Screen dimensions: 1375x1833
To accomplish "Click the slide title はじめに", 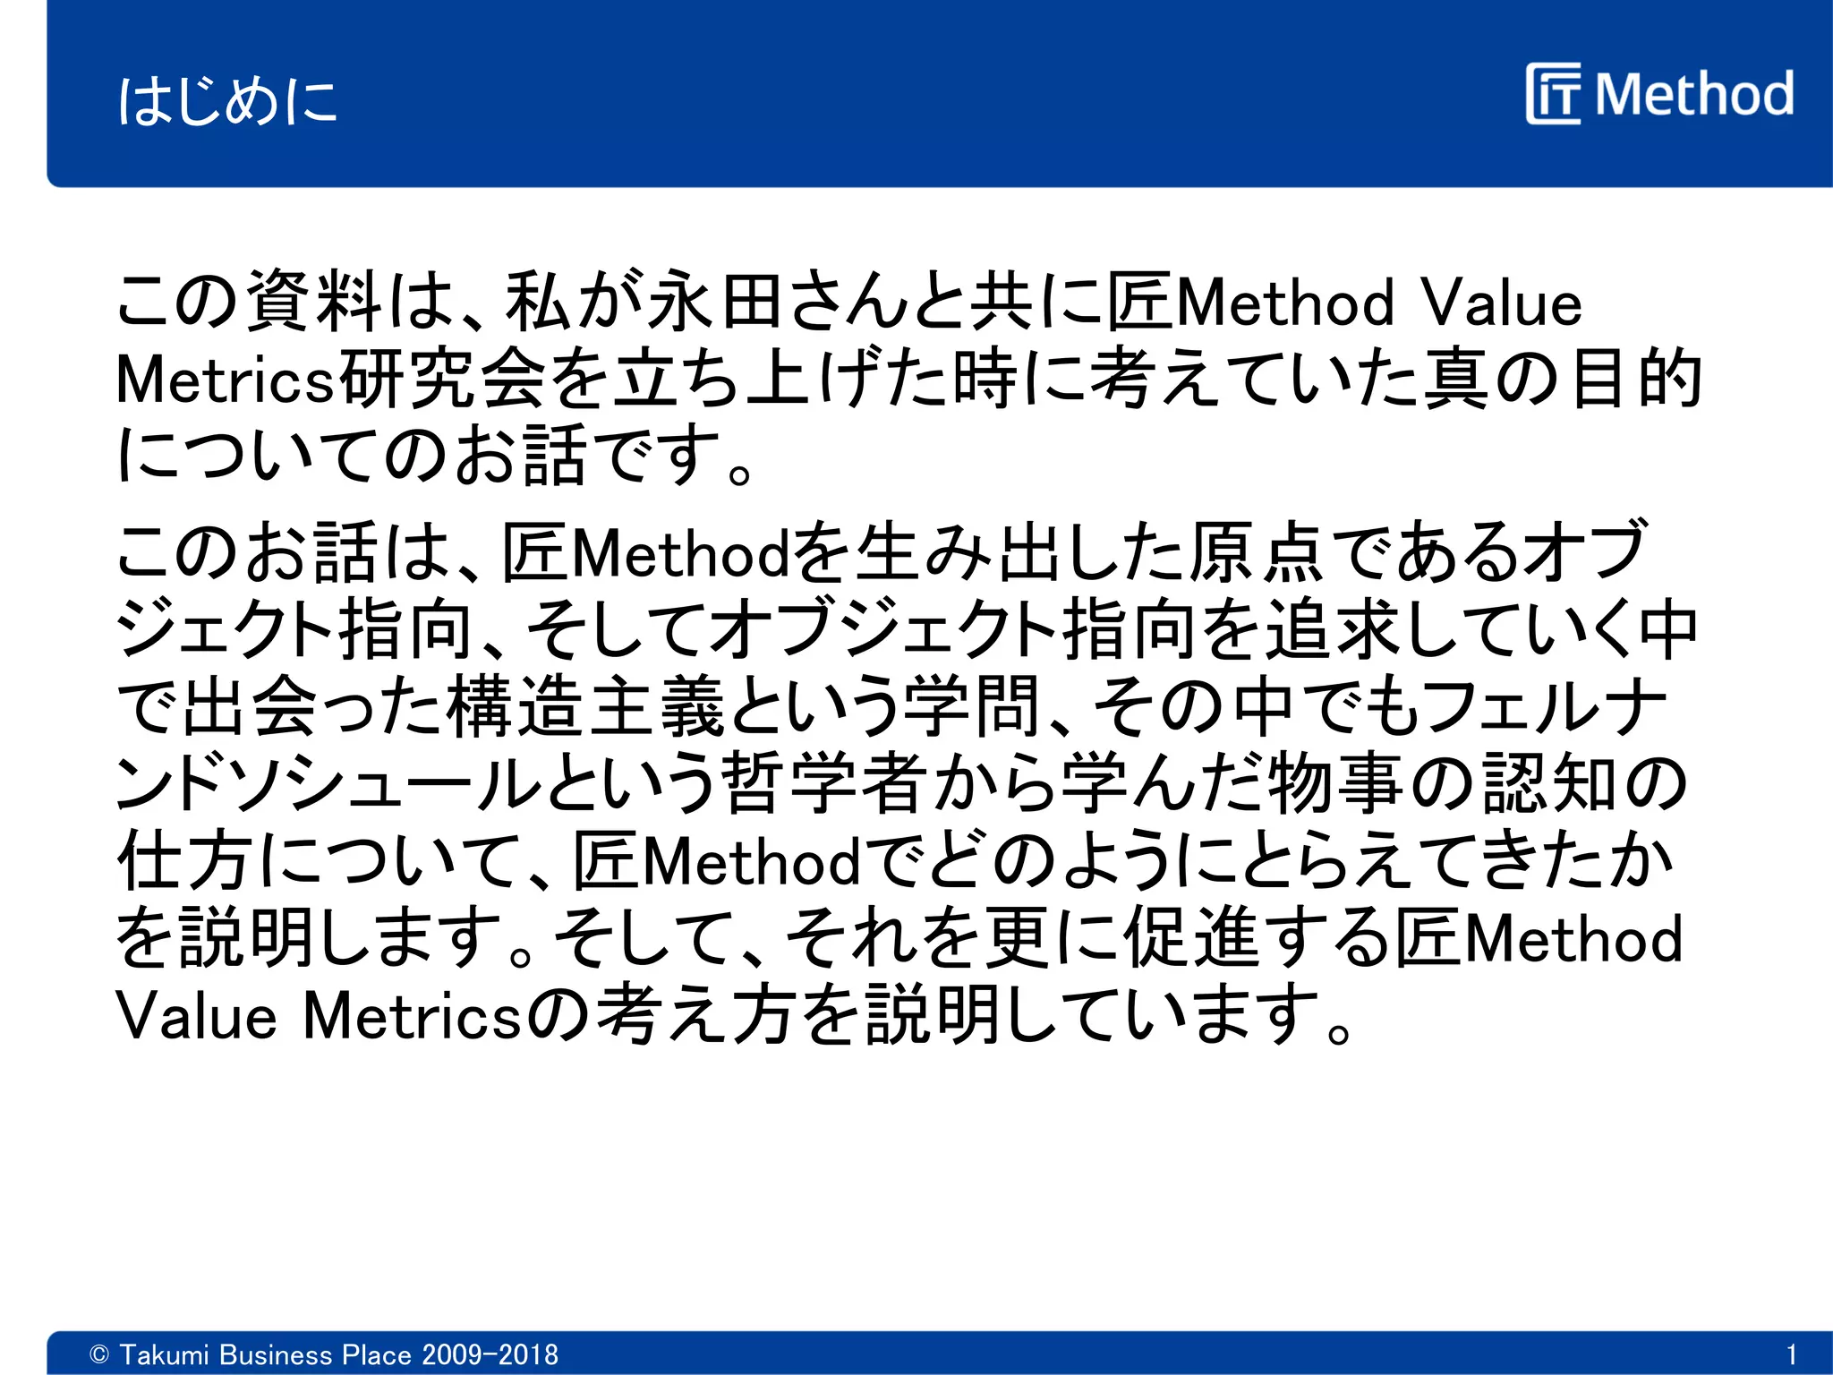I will [227, 99].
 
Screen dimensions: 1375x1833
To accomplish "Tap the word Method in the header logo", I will [1693, 94].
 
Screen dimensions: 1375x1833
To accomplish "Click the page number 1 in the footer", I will [1791, 1354].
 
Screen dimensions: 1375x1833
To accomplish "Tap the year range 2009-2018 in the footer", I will [490, 1354].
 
